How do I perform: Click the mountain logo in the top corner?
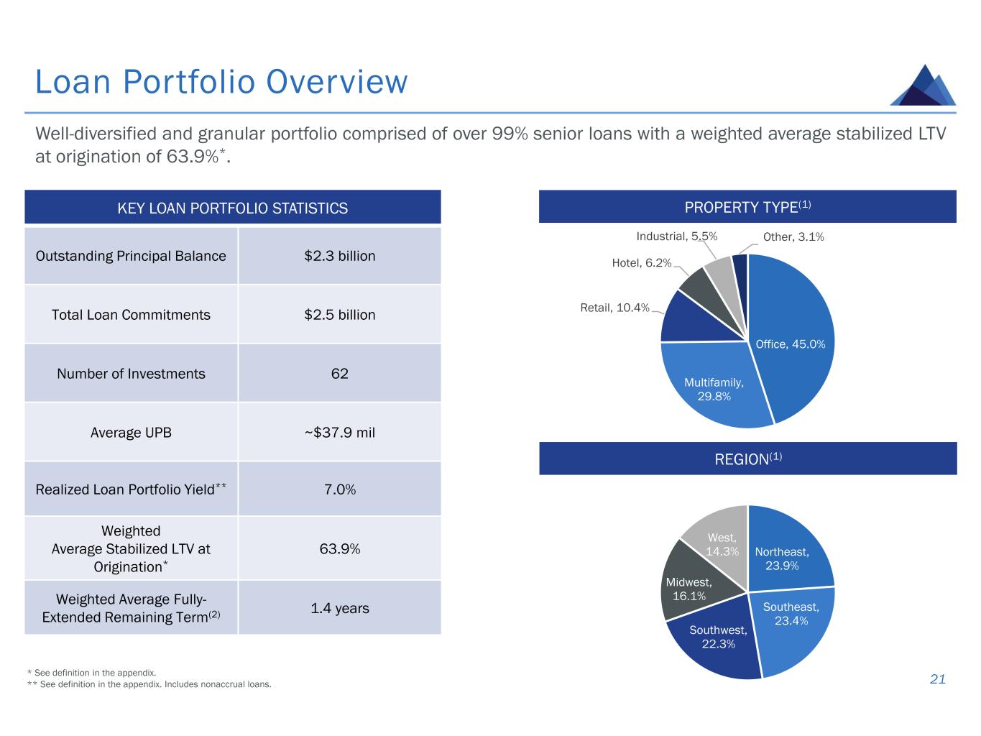coord(924,86)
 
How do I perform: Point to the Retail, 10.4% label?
coord(614,308)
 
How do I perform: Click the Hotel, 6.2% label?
coord(641,264)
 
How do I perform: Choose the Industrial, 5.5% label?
coord(676,236)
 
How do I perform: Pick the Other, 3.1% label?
coord(793,236)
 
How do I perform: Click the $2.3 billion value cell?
coord(339,256)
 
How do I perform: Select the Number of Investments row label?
coord(131,374)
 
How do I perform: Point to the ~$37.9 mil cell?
coord(339,433)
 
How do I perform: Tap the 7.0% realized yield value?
coord(339,489)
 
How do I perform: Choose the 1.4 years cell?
coord(339,608)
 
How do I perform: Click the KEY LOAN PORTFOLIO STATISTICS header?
coord(232,208)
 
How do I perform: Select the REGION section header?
coord(747,459)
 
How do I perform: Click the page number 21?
coord(937,679)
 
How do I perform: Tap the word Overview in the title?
coord(336,82)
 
